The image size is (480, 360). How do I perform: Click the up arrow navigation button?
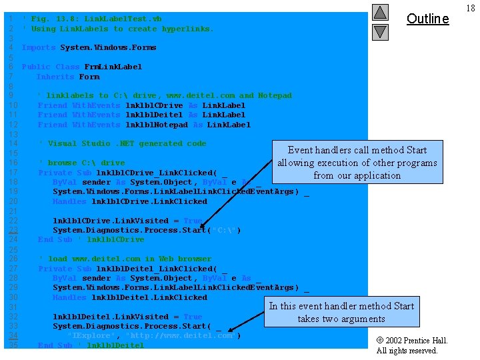click(x=379, y=12)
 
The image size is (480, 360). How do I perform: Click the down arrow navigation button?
click(x=379, y=31)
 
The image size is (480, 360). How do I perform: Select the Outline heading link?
click(x=427, y=19)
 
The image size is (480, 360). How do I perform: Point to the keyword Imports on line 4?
click(x=39, y=48)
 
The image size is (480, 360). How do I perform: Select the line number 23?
click(x=13, y=230)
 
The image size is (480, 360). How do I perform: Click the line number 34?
click(x=13, y=336)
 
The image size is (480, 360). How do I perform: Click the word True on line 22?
click(x=193, y=221)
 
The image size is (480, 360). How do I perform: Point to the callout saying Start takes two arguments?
click(x=341, y=312)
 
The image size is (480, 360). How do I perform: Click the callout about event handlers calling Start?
click(x=357, y=163)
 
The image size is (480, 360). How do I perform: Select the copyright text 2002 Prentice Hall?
click(x=411, y=345)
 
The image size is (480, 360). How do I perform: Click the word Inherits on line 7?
click(x=55, y=77)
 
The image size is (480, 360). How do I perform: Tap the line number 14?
click(x=13, y=143)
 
